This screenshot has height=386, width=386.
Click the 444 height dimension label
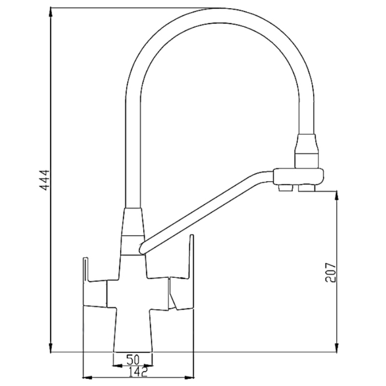pos(45,180)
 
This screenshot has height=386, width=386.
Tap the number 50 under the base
pos(132,360)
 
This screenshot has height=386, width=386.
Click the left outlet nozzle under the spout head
pos(284,188)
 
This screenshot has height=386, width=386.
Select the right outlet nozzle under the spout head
pos(306,188)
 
